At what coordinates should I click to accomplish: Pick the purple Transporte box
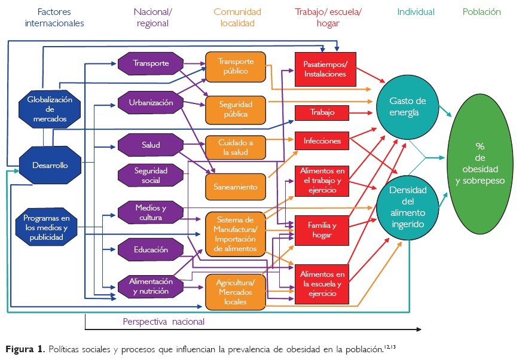151,63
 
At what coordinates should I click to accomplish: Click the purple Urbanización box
151,103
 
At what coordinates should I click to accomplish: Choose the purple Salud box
151,145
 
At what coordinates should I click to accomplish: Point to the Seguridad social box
151,175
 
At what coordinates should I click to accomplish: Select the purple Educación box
151,250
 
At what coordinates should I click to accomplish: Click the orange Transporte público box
236,66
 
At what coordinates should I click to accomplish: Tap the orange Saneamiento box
236,187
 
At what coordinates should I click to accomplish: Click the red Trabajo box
322,112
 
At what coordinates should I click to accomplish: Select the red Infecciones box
322,142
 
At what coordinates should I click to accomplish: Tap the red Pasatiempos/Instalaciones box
325,69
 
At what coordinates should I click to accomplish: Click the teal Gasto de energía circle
406,107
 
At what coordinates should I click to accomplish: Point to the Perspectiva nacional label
163,322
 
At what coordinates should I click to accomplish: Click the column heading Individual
415,12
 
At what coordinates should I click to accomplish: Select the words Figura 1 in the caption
25,349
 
